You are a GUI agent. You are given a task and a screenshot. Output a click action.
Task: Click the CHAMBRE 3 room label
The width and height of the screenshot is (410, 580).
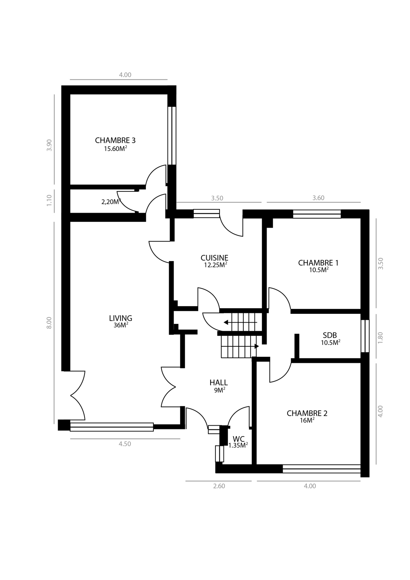[x=115, y=140]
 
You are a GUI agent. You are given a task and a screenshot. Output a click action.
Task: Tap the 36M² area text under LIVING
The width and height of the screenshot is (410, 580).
[x=121, y=325]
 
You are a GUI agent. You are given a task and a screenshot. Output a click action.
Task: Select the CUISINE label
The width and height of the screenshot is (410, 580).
[x=214, y=258]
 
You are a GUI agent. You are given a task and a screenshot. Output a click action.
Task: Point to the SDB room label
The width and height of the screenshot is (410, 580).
[x=330, y=335]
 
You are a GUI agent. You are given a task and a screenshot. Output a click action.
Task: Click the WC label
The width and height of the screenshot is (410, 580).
[x=239, y=439]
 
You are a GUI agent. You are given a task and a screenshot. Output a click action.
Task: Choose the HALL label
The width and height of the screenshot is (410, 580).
[x=219, y=383]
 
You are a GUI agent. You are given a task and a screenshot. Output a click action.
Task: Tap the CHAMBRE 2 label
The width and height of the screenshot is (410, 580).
[x=307, y=413]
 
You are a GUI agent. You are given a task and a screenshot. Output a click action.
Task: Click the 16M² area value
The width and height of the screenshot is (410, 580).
[x=307, y=420]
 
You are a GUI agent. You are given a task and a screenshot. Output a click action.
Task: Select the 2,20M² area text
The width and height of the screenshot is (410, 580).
[x=111, y=202]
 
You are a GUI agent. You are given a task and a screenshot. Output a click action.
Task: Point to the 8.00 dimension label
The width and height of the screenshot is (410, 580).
[x=49, y=323]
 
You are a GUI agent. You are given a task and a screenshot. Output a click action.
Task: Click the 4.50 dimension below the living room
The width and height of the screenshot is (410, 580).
[x=125, y=444]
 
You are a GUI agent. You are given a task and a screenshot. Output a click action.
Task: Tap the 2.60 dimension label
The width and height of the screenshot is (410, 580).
[x=219, y=486]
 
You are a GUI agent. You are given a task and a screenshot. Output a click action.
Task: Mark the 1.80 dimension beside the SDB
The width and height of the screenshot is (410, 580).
[x=380, y=338]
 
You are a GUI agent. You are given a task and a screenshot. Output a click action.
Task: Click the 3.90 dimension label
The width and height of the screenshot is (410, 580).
[x=49, y=145]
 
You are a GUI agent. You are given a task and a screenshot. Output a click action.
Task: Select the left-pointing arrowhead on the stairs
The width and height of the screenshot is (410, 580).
[x=226, y=322]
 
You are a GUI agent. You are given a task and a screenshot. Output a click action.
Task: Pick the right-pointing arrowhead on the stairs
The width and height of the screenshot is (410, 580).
[x=257, y=346]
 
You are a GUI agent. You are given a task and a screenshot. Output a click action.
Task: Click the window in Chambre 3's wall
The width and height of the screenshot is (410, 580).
[x=172, y=136]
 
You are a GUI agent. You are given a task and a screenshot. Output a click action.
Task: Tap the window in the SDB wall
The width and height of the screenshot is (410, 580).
[x=365, y=336]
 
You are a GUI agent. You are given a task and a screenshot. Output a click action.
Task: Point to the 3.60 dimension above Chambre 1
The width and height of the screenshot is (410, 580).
[x=318, y=198]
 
